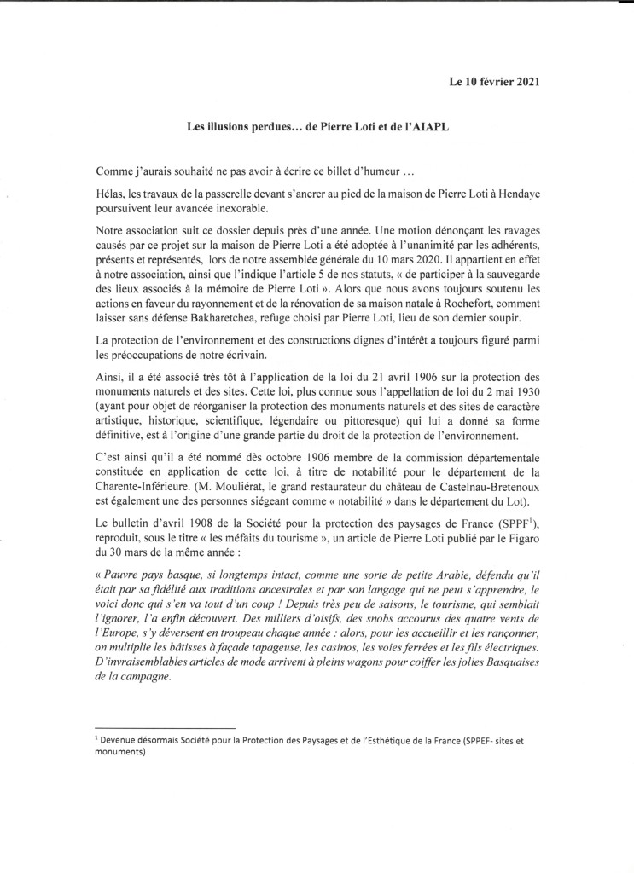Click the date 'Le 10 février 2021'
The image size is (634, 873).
point(494,82)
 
